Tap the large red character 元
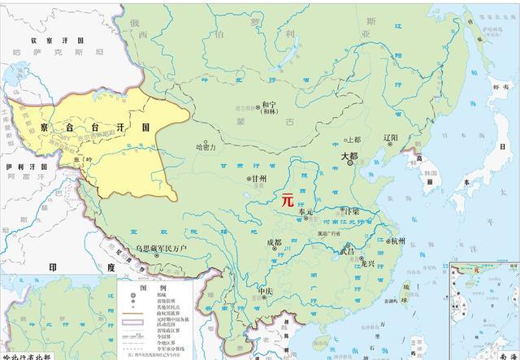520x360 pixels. [287, 198]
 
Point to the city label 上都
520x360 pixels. [354, 139]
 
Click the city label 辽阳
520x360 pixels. [390, 138]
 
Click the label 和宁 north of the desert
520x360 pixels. [269, 106]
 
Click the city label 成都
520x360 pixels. [273, 242]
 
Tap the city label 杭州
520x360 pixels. [397, 241]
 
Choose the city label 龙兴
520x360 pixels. [368, 263]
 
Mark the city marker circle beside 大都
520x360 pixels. [350, 163]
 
